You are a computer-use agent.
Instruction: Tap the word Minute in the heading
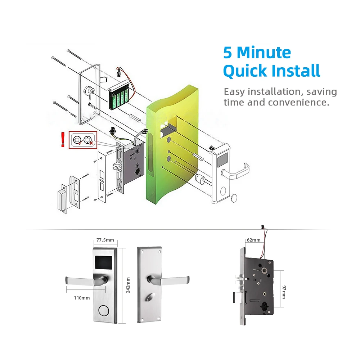click(x=264, y=53)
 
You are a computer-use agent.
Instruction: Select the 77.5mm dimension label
click(x=105, y=240)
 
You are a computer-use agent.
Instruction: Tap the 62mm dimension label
click(x=253, y=240)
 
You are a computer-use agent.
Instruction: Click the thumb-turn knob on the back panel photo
click(x=149, y=298)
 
